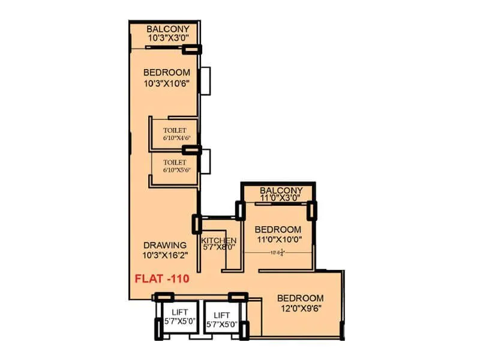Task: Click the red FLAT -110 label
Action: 161,278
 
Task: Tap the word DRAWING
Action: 165,245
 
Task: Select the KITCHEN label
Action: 219,241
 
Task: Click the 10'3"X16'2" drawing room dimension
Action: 165,255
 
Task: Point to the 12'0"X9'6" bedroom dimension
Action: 300,308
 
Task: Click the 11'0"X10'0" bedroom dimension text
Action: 278,239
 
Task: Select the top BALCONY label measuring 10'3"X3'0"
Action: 168,29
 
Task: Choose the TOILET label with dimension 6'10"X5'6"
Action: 174,162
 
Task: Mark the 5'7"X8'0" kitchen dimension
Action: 219,249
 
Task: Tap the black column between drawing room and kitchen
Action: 196,224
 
